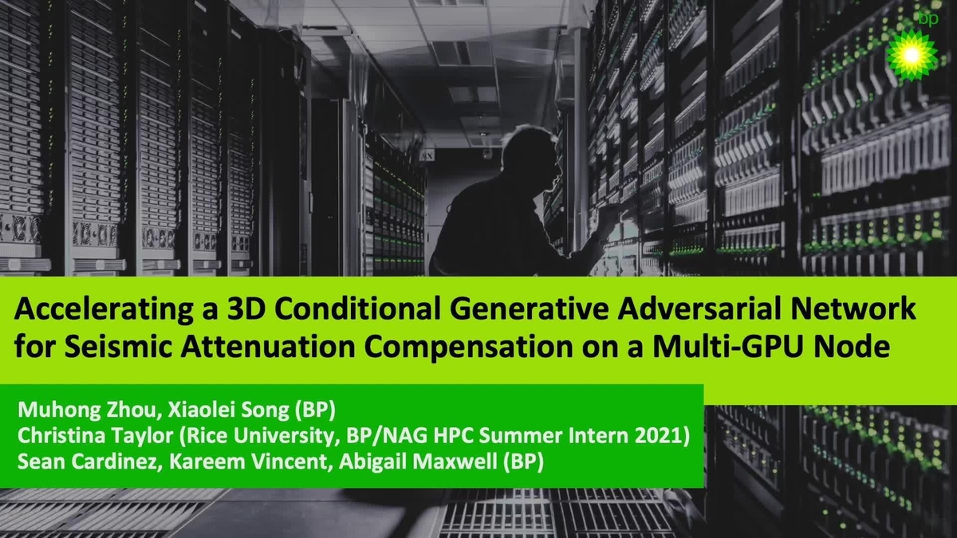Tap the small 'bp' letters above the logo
[x=927, y=18]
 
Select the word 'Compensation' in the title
[x=465, y=348]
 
